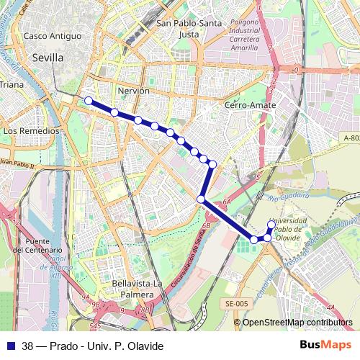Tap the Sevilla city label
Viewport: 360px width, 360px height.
point(48,58)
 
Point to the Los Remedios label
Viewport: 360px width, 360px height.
point(31,132)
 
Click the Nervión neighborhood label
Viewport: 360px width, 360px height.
point(132,91)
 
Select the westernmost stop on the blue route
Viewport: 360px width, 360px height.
point(89,101)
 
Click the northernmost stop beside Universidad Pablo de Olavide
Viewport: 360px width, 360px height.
point(271,225)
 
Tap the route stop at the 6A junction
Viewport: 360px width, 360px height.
point(202,199)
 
